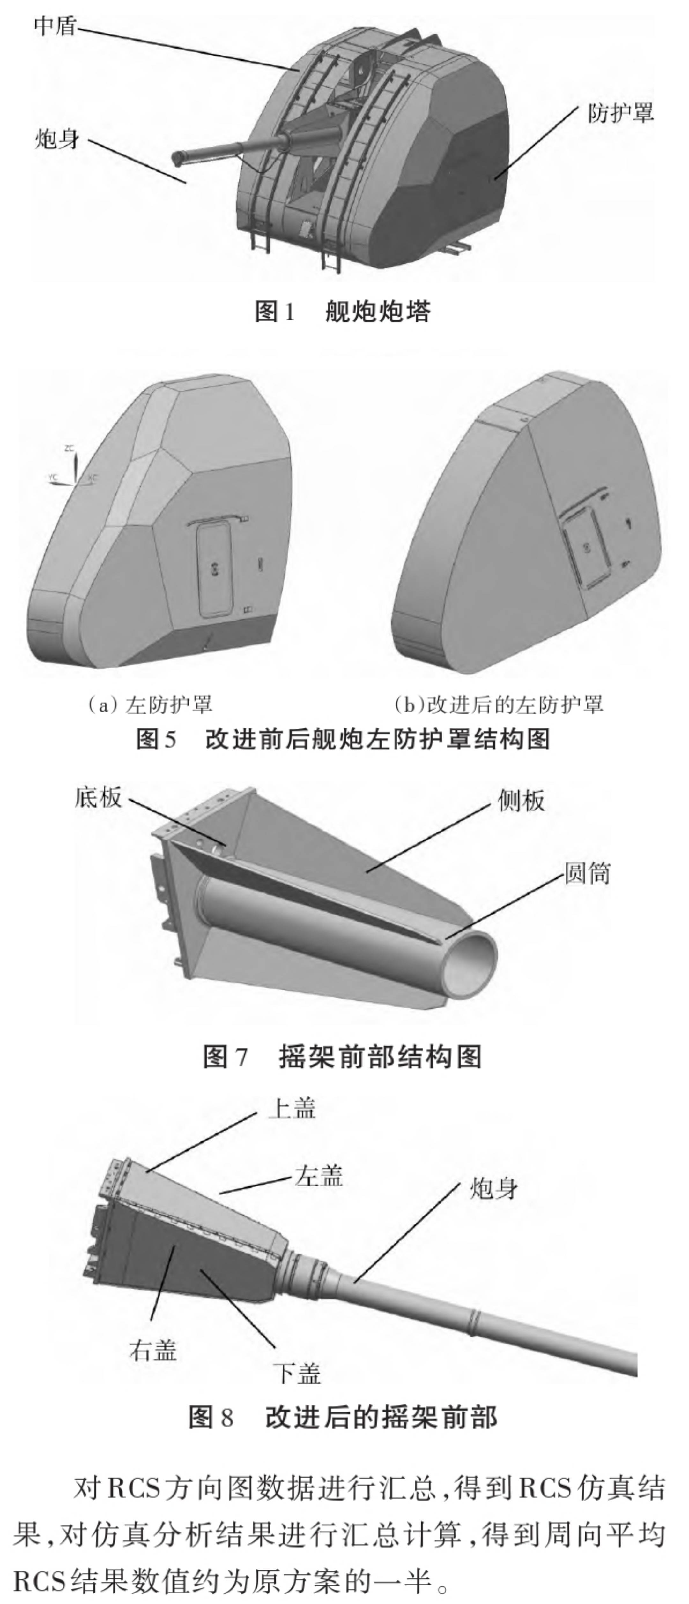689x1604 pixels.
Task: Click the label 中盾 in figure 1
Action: [56, 27]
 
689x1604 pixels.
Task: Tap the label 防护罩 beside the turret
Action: [620, 113]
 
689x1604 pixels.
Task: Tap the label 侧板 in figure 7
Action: [521, 801]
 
